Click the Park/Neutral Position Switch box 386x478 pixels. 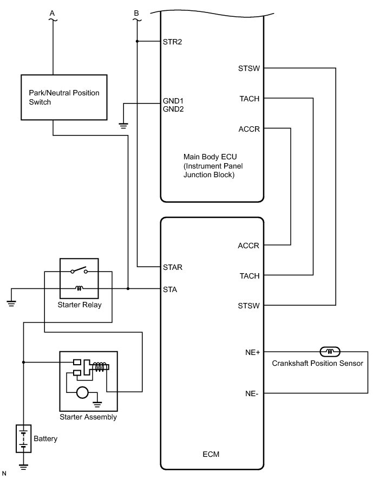click(x=64, y=98)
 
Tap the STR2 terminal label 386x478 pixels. click(x=172, y=41)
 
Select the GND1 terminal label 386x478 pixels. click(x=173, y=101)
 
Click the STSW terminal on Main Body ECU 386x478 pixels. click(x=248, y=68)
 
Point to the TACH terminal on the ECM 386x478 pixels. click(x=249, y=276)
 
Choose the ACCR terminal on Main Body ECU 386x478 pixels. click(x=248, y=129)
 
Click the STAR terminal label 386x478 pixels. click(x=173, y=267)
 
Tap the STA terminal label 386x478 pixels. click(x=170, y=289)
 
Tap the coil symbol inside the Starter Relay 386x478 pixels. click(x=78, y=288)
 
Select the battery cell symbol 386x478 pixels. click(x=23, y=438)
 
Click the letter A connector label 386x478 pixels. click(x=53, y=12)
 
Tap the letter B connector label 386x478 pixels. click(x=136, y=12)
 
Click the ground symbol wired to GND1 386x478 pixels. click(x=123, y=126)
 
